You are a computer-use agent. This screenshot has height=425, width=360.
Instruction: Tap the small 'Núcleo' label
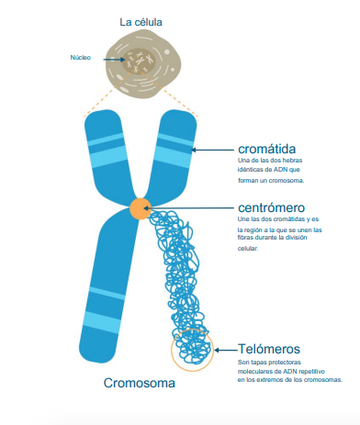click(81, 58)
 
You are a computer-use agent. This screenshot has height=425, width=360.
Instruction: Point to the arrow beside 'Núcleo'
click(106, 58)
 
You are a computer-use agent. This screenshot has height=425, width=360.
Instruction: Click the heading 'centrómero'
click(271, 207)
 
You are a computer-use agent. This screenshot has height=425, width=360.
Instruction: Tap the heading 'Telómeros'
click(268, 349)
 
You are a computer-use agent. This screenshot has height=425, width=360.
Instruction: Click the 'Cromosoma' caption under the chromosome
click(139, 383)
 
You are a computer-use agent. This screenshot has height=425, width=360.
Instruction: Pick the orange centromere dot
click(141, 207)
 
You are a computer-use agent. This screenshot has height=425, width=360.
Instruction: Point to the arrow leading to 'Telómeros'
click(224, 350)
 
